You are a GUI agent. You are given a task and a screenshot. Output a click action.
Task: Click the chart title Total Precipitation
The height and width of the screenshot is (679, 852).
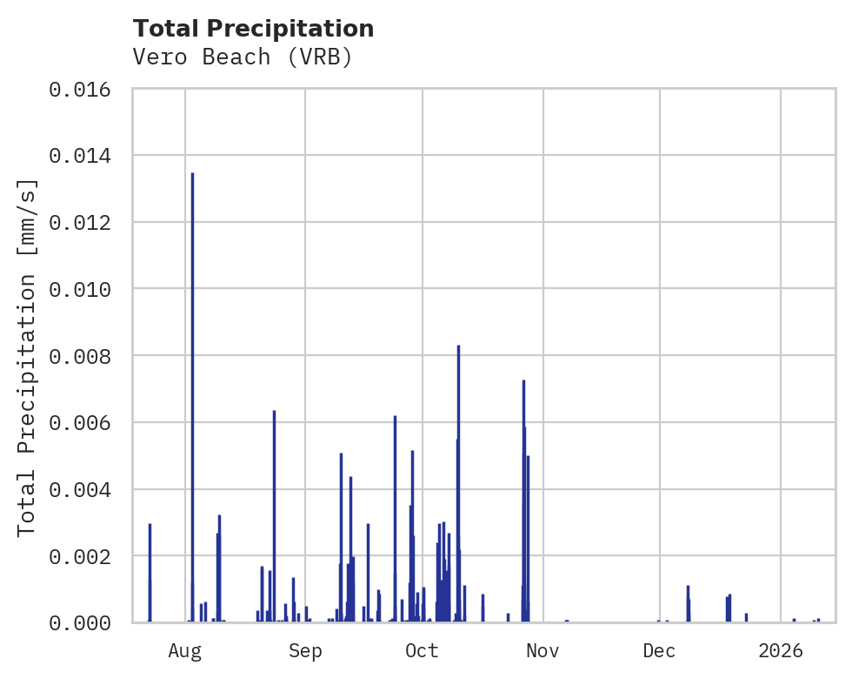[254, 29]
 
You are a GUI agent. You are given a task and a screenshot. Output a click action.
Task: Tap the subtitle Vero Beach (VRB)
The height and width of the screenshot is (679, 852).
[243, 57]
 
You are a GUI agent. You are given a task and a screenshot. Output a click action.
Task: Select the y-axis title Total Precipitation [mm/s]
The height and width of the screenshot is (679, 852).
[27, 356]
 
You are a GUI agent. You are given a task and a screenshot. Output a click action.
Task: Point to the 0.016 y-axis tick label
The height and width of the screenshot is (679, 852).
[86, 89]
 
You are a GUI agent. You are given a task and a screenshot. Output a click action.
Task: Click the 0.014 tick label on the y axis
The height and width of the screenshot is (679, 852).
[86, 156]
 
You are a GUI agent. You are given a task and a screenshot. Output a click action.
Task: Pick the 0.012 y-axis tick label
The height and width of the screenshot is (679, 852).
[86, 222]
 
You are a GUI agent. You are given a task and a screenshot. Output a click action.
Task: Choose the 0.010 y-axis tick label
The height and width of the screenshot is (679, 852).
[86, 289]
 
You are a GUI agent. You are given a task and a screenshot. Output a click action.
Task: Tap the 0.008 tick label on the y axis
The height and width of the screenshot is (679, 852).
[86, 356]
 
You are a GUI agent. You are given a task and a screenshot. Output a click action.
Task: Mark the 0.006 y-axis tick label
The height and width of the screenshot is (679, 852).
[86, 422]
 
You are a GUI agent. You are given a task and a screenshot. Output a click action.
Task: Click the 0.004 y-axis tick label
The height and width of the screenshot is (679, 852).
[86, 489]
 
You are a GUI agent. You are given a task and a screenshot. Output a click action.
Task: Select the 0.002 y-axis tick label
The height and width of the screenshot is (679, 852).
[86, 555]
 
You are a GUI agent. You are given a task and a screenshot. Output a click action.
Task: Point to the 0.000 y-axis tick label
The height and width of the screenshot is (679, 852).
[86, 622]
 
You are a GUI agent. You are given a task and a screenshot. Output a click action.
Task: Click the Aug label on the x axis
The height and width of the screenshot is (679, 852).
[185, 650]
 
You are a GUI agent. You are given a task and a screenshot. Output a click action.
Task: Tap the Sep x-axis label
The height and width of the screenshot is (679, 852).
[305, 650]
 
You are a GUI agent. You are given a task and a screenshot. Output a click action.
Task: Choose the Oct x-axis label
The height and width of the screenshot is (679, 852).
[423, 650]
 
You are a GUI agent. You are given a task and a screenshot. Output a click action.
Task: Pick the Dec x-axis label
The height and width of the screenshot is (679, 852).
[660, 650]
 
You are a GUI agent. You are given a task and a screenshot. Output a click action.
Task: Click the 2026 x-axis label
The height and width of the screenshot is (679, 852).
[781, 650]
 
